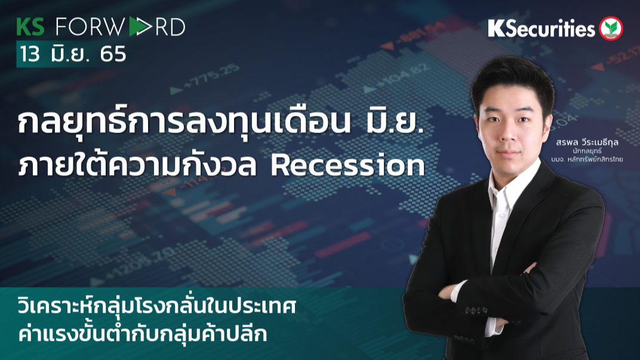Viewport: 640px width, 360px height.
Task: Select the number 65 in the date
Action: (113, 54)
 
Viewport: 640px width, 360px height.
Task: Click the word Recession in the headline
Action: (347, 167)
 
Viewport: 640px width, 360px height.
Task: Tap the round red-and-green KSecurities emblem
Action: (611, 28)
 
